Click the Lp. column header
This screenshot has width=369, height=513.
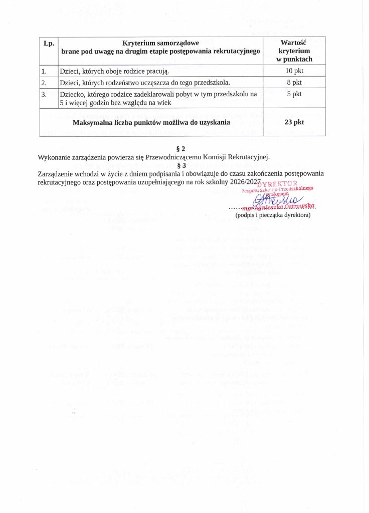pos(49,44)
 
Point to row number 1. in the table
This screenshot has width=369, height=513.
pos(45,71)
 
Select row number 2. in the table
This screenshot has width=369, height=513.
pos(45,82)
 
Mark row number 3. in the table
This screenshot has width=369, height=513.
pos(45,94)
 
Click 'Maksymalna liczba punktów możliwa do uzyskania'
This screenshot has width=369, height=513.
pos(151,122)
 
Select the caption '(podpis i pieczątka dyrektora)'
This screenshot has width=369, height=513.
pos(273,215)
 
